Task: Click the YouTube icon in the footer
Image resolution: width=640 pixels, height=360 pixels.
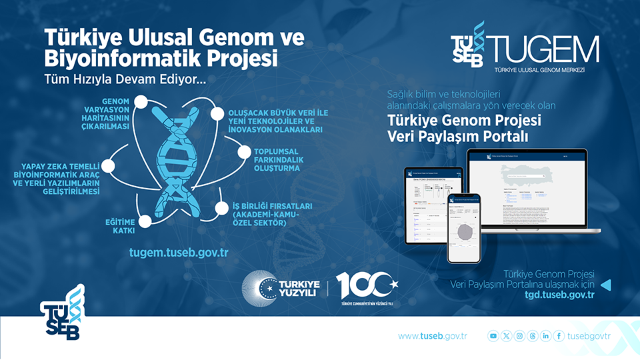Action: click(x=493, y=336)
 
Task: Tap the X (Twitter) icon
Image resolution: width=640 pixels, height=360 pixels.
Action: click(x=507, y=336)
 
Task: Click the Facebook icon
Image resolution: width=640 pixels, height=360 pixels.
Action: click(x=559, y=336)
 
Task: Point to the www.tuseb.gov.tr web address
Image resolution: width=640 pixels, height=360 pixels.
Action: click(x=432, y=336)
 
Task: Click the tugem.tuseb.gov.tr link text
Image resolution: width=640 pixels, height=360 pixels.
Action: click(x=179, y=253)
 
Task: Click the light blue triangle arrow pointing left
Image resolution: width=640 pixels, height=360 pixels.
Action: click(x=606, y=285)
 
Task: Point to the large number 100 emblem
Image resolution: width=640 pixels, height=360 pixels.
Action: click(x=366, y=285)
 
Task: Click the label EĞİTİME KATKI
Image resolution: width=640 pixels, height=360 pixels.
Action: click(x=120, y=226)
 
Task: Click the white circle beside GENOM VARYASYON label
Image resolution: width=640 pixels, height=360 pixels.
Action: click(x=141, y=102)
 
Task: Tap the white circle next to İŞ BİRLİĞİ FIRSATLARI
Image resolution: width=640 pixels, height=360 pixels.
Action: click(x=221, y=208)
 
